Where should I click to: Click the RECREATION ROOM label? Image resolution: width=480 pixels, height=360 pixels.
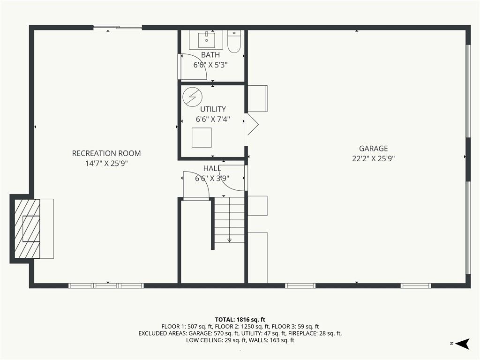(106, 153)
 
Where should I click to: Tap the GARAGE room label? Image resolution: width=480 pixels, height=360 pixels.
(374, 149)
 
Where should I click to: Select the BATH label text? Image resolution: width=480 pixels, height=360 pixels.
(210, 55)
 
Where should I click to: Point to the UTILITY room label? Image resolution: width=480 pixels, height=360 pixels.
(213, 109)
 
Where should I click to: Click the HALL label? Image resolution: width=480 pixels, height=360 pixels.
(212, 168)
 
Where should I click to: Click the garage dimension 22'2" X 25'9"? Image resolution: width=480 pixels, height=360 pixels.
(374, 158)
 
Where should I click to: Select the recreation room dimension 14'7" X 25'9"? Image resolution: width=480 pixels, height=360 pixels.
(106, 164)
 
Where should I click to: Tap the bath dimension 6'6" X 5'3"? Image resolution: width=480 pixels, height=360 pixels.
(210, 65)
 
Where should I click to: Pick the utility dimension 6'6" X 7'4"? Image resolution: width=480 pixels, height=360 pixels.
(213, 120)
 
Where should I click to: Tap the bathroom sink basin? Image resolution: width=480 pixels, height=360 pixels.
(207, 39)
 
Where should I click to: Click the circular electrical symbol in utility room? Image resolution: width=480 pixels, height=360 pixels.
(193, 97)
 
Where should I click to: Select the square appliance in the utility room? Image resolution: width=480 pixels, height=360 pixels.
(202, 137)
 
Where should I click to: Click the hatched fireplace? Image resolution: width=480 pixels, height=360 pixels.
(27, 228)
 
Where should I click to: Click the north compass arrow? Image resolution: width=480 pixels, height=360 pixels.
(463, 344)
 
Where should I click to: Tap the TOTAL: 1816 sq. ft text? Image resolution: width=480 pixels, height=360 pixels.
(240, 320)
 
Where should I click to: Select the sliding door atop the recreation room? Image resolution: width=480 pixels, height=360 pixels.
(118, 28)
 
